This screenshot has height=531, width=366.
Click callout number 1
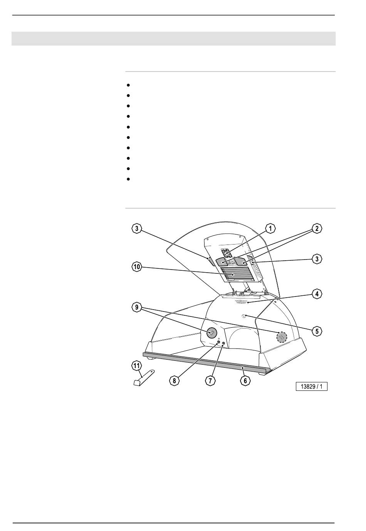point(270,229)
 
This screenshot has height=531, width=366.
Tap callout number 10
point(137,267)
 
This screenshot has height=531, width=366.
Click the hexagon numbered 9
point(137,307)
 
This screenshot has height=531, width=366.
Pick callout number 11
point(136,366)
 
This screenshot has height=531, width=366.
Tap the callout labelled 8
point(175,381)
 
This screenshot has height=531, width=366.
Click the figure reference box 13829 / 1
point(311,387)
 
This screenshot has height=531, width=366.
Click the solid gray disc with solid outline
point(212,333)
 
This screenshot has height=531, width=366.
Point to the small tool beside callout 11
point(143,378)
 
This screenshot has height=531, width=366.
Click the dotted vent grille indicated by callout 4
point(241,302)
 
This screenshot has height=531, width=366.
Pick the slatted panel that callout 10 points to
point(235,274)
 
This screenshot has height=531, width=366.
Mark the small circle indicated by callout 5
point(244,316)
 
